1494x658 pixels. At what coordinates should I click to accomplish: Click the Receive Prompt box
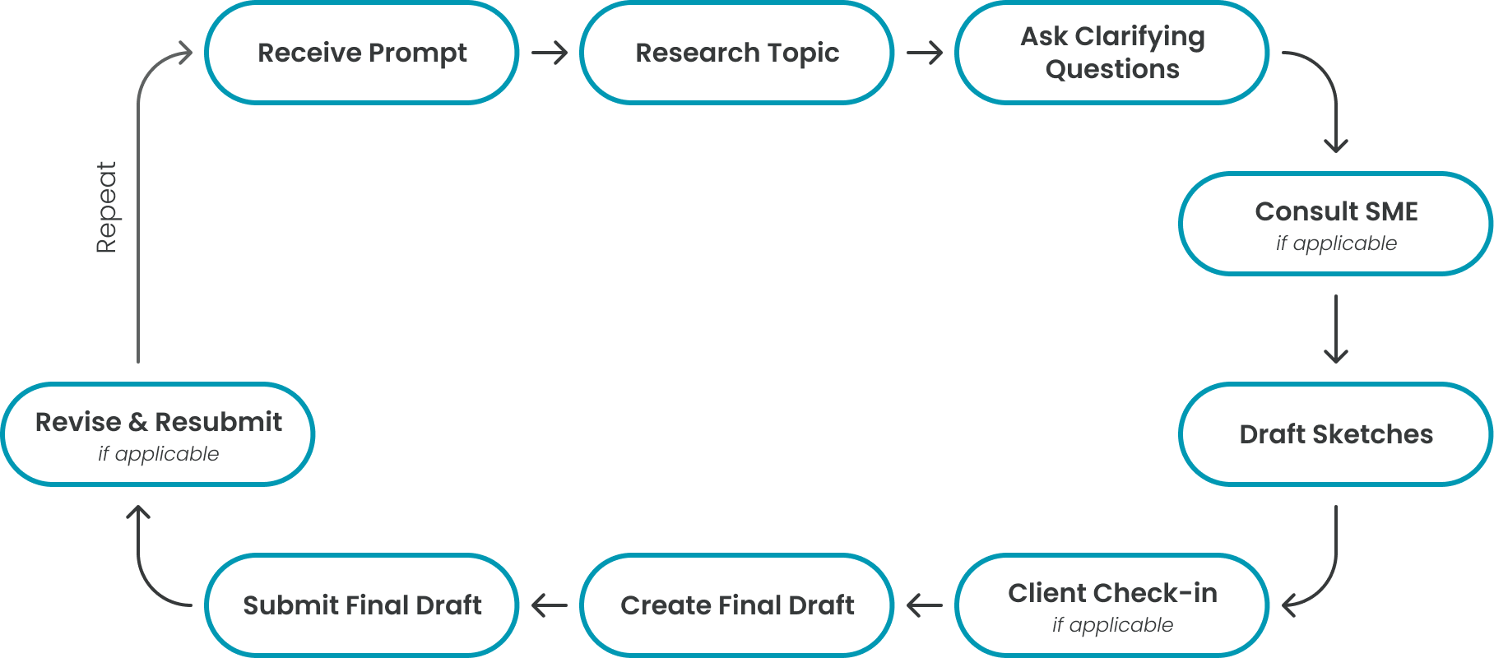click(x=362, y=53)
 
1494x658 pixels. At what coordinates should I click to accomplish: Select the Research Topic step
click(x=737, y=53)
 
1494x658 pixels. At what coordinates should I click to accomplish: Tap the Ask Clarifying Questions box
click(x=1112, y=53)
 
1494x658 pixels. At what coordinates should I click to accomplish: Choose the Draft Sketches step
click(x=1336, y=434)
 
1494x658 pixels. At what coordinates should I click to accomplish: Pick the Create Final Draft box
click(x=737, y=605)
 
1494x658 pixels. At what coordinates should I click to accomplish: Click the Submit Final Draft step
click(x=362, y=605)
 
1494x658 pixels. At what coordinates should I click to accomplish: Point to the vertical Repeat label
click(x=107, y=207)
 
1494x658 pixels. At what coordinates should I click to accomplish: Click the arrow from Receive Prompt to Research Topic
click(x=550, y=53)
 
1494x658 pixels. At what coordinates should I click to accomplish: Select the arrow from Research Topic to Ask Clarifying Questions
click(x=925, y=53)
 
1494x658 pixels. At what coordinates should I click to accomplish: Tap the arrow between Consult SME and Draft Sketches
click(x=1336, y=329)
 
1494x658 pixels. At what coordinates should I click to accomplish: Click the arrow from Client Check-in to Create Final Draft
click(x=925, y=606)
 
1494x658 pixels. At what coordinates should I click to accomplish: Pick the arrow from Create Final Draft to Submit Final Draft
click(x=550, y=606)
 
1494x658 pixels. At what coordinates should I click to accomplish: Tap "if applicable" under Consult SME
click(x=1336, y=243)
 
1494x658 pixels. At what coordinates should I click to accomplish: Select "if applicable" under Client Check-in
click(x=1112, y=625)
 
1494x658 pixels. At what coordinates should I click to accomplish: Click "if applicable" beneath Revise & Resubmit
click(x=159, y=454)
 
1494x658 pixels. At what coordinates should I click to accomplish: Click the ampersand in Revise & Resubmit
click(x=137, y=422)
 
